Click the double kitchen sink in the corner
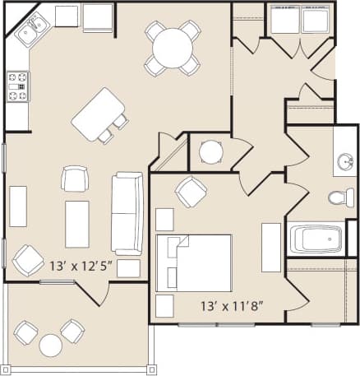pyautogui.click(x=31, y=31)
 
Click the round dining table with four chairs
pyautogui.click(x=173, y=48)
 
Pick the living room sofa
pyautogui.click(x=127, y=212)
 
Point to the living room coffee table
pyautogui.click(x=77, y=223)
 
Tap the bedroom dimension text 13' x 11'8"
pyautogui.click(x=232, y=306)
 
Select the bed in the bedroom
pyautogui.click(x=194, y=262)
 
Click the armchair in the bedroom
pyautogui.click(x=191, y=192)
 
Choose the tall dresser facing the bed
pyautogui.click(x=271, y=246)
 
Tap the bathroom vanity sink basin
pyautogui.click(x=345, y=161)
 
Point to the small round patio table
pyautogui.click(x=51, y=344)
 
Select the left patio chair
pyautogui.click(x=25, y=332)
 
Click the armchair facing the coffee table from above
pyautogui.click(x=75, y=178)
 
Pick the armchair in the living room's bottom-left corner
pyautogui.click(x=28, y=259)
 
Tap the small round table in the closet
pyautogui.click(x=211, y=151)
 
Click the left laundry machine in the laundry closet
pyautogui.click(x=284, y=20)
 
